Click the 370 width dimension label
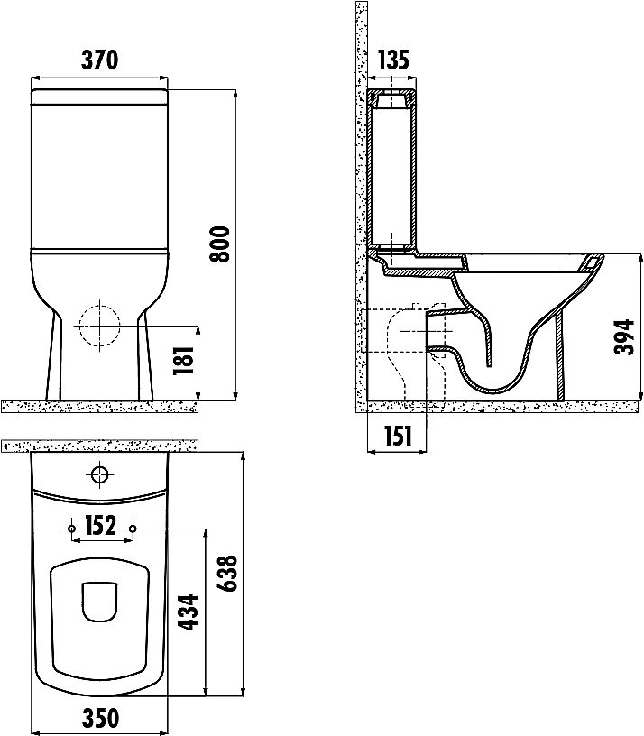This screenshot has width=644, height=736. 99,60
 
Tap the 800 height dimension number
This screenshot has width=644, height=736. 220,244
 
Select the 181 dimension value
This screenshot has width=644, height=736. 183,361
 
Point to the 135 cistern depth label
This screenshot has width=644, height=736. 393,60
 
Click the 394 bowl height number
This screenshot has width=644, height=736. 625,337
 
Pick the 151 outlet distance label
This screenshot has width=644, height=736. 398,436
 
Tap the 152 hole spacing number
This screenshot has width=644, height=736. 101,526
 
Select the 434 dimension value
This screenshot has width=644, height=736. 189,612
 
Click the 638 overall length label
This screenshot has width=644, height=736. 227,573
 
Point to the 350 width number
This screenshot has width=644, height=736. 100,719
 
